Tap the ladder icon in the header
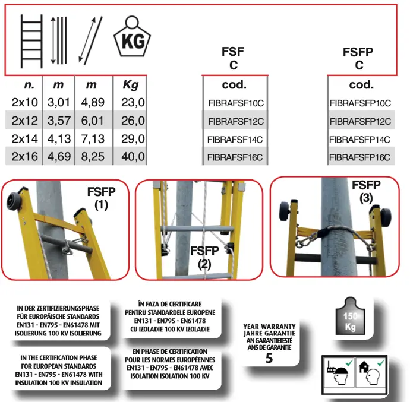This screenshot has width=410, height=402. [x=31, y=42]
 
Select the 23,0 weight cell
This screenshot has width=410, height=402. [x=133, y=102]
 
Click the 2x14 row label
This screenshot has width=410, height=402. [x=24, y=138]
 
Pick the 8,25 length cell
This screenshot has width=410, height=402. [x=93, y=157]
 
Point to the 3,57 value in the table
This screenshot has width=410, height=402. [x=59, y=121]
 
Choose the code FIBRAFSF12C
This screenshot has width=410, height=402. [x=236, y=121]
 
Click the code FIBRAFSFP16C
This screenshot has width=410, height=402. [x=359, y=157]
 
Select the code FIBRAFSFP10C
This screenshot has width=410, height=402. [x=360, y=103]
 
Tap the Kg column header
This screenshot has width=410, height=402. [x=131, y=85]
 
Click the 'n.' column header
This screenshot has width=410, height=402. [x=29, y=85]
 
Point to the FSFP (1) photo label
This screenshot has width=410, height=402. [x=101, y=198]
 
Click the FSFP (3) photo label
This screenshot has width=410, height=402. [x=366, y=192]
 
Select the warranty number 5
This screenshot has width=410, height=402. [x=269, y=358]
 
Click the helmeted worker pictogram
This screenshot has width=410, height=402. [x=339, y=372]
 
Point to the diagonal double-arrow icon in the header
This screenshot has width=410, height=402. [x=90, y=40]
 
